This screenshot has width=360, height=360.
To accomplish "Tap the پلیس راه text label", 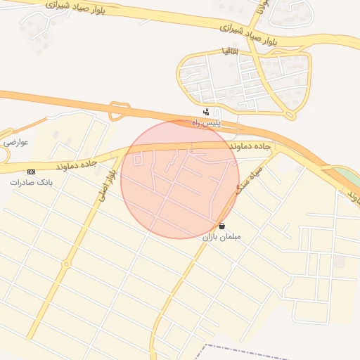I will click(207, 123).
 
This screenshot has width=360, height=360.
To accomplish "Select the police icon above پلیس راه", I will click(205, 112).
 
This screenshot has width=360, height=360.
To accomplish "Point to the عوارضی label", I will click(15, 143).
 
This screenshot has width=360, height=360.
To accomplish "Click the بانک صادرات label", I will click(31, 182).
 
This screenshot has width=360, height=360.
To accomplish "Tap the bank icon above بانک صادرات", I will click(31, 172).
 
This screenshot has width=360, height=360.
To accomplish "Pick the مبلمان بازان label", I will click(222, 237).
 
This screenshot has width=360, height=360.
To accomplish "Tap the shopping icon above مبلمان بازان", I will click(222, 226).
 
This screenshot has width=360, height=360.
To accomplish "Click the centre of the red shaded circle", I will click(180, 179).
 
